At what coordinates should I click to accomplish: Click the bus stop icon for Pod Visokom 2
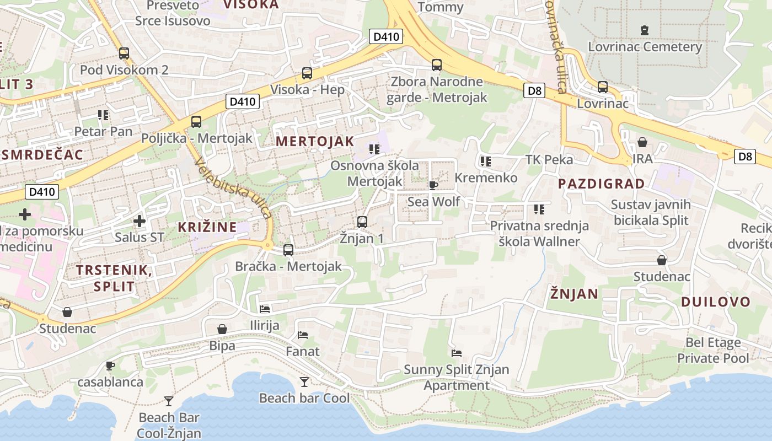click(124, 53)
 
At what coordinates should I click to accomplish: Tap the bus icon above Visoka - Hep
click(307, 73)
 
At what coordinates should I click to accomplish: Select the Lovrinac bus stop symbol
click(603, 87)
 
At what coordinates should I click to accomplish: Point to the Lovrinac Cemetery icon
click(645, 30)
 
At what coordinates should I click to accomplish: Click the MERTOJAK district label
click(315, 141)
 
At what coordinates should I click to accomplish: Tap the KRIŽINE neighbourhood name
click(207, 227)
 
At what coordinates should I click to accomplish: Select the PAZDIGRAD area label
click(601, 184)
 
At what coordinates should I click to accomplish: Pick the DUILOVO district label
click(716, 302)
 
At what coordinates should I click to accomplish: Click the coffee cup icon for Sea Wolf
click(433, 185)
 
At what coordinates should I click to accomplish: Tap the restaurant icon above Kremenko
click(486, 162)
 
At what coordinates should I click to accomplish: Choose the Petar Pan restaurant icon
click(103, 115)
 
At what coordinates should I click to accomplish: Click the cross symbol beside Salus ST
click(140, 222)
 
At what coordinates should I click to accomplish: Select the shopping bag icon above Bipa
click(222, 330)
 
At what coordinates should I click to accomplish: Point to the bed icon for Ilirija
click(265, 309)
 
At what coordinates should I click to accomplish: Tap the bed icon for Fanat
click(302, 335)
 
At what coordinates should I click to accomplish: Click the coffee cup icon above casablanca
click(110, 365)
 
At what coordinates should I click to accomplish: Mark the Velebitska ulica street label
click(233, 187)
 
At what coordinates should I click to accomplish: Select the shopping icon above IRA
click(642, 143)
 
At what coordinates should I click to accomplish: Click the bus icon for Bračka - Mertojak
click(288, 250)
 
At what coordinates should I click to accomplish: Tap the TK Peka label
click(549, 160)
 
